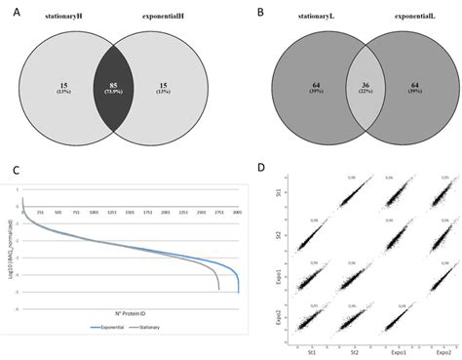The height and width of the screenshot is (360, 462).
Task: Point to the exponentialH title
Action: [x=165, y=20]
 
